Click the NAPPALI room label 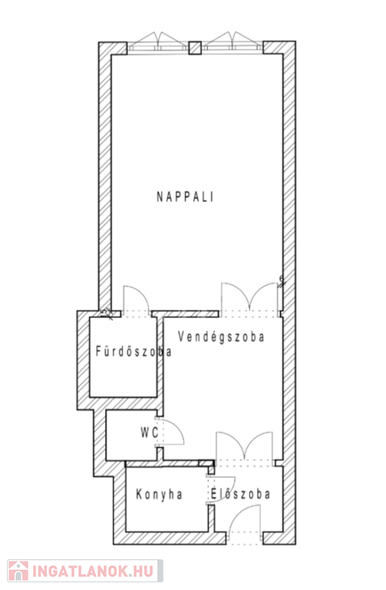(185, 197)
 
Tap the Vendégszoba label (221, 336)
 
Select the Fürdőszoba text (134, 351)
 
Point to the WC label (150, 433)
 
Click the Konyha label (160, 495)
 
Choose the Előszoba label (240, 494)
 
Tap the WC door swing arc (177, 426)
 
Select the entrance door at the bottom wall (244, 525)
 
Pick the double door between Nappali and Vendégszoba (250, 298)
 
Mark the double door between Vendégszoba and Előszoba (244, 446)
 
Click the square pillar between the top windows (195, 48)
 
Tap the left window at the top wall (158, 42)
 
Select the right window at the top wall (233, 42)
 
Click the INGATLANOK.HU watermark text (92, 572)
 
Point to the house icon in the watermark (18, 571)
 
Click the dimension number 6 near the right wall (281, 279)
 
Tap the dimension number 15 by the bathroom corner (106, 312)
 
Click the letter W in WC (146, 433)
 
